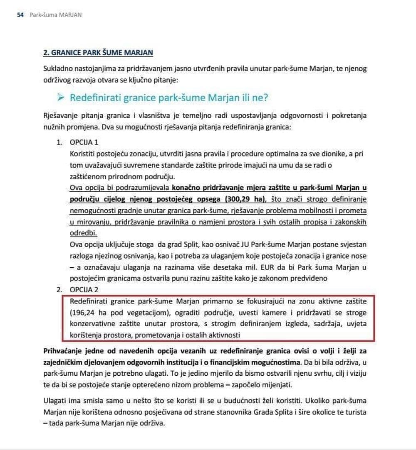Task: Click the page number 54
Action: pyautogui.click(x=20, y=15)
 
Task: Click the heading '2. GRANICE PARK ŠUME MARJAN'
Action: pyautogui.click(x=98, y=53)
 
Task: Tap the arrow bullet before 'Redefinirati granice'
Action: pyautogui.click(x=61, y=98)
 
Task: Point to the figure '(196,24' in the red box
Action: pyautogui.click(x=83, y=312)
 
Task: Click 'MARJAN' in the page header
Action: pyautogui.click(x=70, y=15)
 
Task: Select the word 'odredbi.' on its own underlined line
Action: pyautogui.click(x=83, y=233)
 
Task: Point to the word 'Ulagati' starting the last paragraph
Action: pyautogui.click(x=54, y=401)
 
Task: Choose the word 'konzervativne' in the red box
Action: pyautogui.click(x=94, y=323)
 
